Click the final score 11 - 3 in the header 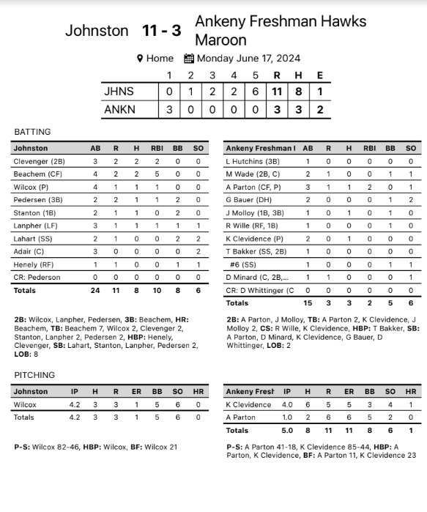click(x=161, y=31)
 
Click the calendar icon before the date click(x=189, y=59)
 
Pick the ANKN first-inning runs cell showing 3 click(x=169, y=109)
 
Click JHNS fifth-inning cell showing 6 click(x=256, y=92)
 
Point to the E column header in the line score click(x=319, y=75)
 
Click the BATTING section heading click(x=33, y=132)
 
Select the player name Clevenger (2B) click(x=39, y=161)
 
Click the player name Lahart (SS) click(x=32, y=239)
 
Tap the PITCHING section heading click(x=34, y=375)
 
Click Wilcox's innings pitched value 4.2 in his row click(x=75, y=404)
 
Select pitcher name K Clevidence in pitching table click(x=248, y=404)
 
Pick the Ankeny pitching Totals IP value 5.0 click(x=287, y=430)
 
